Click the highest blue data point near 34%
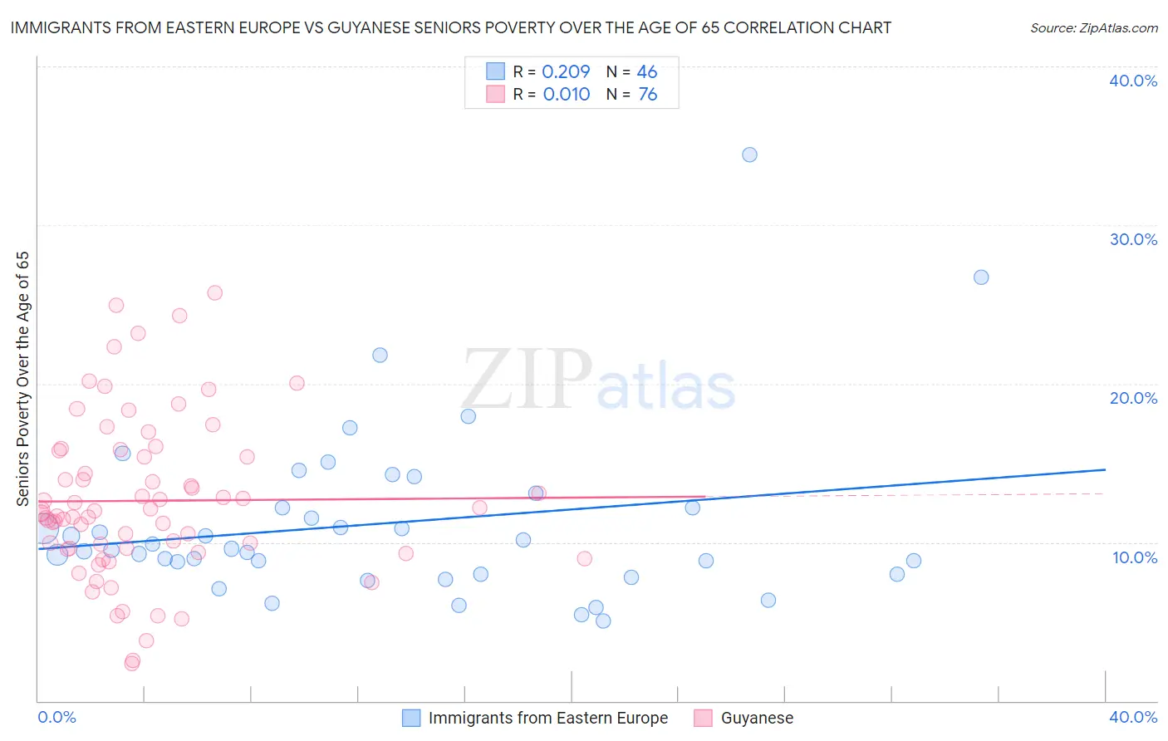pos(749,155)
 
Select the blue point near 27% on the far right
pos(981,277)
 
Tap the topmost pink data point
pos(214,292)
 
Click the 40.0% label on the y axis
pos(1133,81)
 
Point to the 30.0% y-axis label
pos(1133,239)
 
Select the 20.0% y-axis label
pos(1133,398)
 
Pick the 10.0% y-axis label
pos(1135,557)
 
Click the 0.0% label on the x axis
pos(56,717)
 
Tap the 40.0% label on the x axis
pos(1133,717)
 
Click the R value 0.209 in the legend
pos(566,71)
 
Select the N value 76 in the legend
pos(647,95)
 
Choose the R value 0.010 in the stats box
pos(567,95)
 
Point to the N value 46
pos(647,71)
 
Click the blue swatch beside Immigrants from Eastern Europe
pos(411,718)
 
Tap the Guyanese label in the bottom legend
pos(757,718)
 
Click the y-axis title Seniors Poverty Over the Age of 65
pos(22,379)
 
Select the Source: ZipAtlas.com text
pos(1093,28)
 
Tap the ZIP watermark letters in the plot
pos(528,380)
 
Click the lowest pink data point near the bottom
pos(131,663)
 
